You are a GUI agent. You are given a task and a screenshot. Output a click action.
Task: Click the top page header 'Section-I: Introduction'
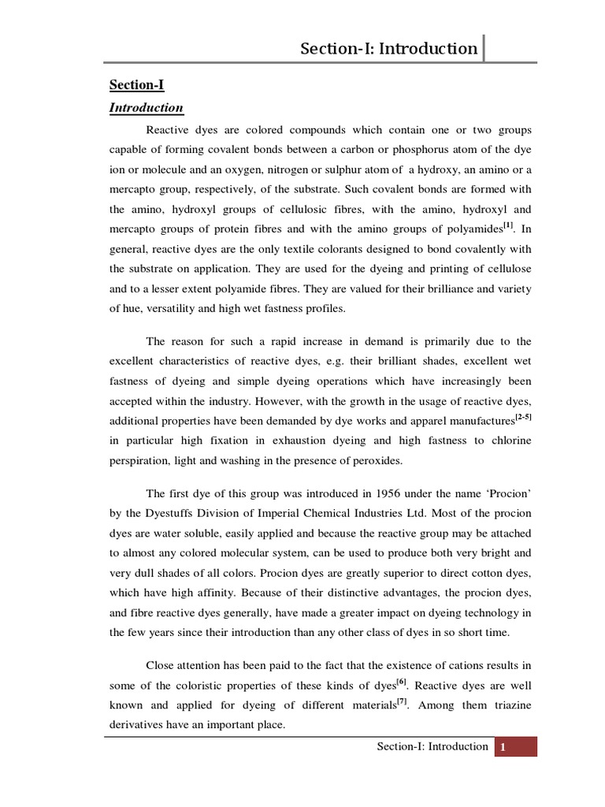click(x=388, y=49)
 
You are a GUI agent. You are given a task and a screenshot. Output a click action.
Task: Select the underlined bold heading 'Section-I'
click(x=136, y=84)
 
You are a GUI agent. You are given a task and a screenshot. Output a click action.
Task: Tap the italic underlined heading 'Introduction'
click(x=146, y=108)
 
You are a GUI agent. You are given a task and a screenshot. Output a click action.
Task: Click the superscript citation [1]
click(x=509, y=225)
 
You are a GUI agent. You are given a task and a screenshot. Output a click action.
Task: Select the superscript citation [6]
click(x=402, y=680)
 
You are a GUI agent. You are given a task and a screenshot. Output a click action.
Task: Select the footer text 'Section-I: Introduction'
click(x=432, y=746)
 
